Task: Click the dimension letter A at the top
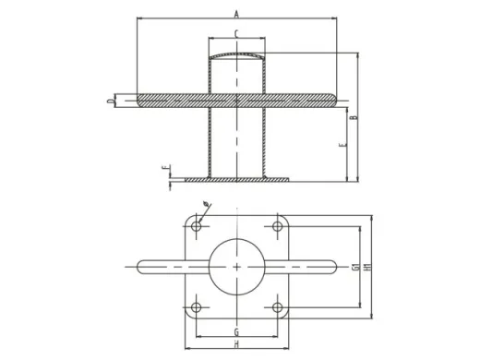236,13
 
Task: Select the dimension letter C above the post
236,34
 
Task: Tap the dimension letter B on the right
354,117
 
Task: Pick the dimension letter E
342,145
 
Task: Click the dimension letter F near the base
163,168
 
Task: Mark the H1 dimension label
368,267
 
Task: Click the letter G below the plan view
236,330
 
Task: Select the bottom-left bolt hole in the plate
198,306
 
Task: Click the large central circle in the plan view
237,267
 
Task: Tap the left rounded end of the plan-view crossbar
142,267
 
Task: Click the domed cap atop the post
236,56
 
